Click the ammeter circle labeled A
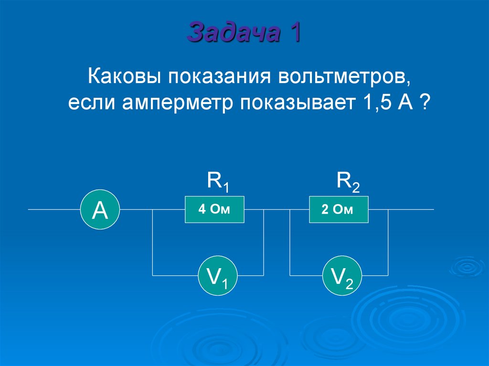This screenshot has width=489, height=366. (100, 209)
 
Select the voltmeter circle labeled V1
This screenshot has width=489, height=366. (218, 276)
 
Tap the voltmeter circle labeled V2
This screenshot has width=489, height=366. (342, 276)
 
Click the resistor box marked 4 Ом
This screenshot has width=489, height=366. (214, 209)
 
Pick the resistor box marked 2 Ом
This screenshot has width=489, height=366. (339, 209)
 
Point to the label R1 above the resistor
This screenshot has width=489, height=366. (218, 182)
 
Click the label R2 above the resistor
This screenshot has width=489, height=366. (348, 182)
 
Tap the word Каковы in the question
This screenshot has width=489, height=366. (122, 76)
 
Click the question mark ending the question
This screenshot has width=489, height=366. (423, 103)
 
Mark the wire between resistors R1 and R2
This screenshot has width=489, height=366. (277, 209)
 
